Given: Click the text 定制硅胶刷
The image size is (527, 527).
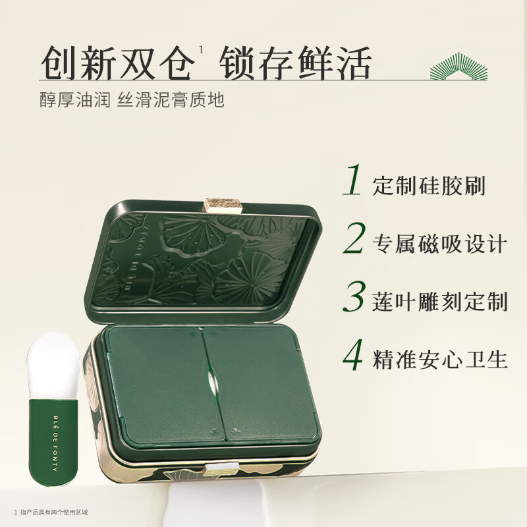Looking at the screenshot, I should pyautogui.click(x=428, y=186).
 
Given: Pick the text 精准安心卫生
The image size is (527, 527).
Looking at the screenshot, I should pyautogui.click(x=439, y=360).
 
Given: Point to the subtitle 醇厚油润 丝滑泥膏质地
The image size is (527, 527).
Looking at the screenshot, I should pyautogui.click(x=132, y=101).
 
